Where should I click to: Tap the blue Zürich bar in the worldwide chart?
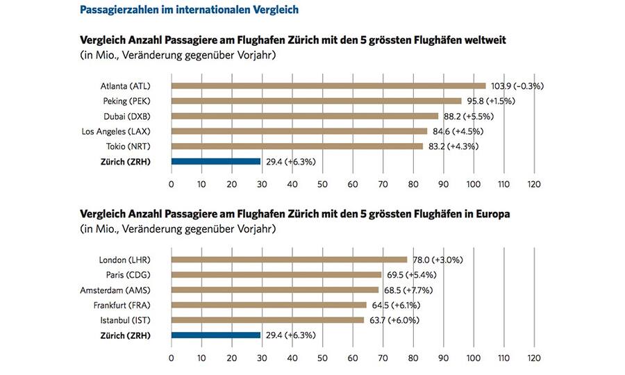pyautogui.click(x=215, y=161)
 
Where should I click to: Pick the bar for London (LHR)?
pyautogui.click(x=289, y=260)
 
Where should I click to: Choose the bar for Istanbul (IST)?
pyautogui.click(x=267, y=320)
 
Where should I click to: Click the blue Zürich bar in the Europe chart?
pyautogui.click(x=215, y=335)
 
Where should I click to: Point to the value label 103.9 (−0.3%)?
pyautogui.click(x=517, y=86)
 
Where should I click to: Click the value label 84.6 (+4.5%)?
pyautogui.click(x=457, y=131)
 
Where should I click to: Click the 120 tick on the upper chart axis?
pyautogui.click(x=533, y=184)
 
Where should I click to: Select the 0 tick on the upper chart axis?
pyautogui.click(x=171, y=184)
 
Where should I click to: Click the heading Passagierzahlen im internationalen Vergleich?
pyautogui.click(x=190, y=10)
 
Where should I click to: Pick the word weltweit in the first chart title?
pyautogui.click(x=482, y=40)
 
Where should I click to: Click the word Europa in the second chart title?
pyautogui.click(x=491, y=215)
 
